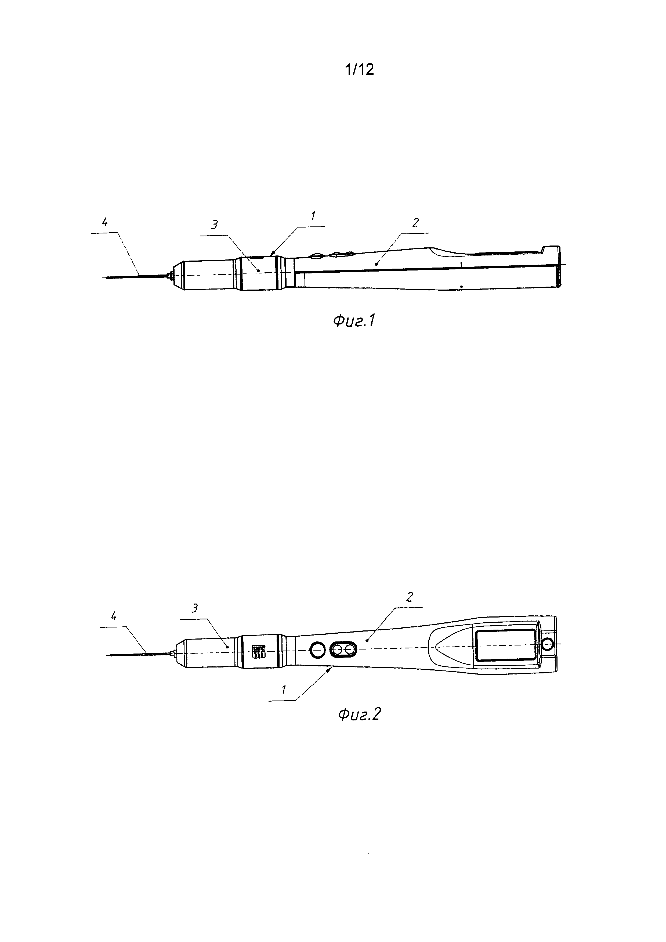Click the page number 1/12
point(360,70)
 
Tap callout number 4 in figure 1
point(105,222)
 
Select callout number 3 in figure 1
point(215,225)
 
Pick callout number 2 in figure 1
point(416,222)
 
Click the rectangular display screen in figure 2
point(506,645)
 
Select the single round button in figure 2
point(317,649)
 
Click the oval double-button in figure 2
point(343,649)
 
